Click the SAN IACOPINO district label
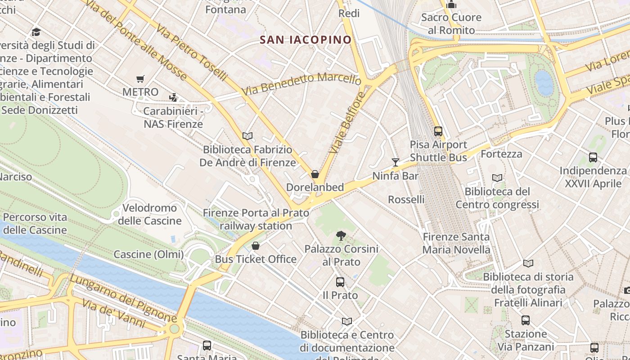306,40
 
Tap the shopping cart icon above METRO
140,79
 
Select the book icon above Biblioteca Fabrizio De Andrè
247,136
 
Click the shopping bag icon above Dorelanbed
315,174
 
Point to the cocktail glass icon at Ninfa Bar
396,162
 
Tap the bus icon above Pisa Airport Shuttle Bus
438,131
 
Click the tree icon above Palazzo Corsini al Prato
341,235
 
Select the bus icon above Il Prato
340,282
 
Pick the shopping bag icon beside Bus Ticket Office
256,246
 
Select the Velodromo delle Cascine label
149,215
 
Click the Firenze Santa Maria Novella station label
456,243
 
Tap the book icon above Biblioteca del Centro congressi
497,178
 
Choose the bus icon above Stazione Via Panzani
526,320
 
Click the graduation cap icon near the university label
36,32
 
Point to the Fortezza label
501,154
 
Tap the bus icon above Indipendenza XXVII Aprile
593,157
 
